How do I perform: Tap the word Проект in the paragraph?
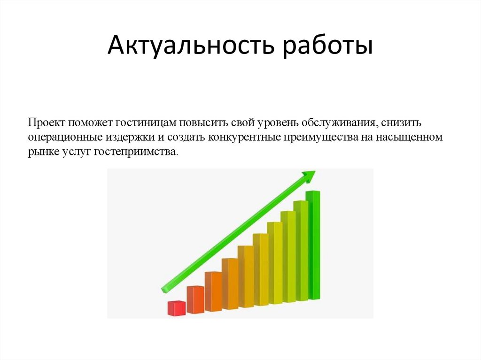coord(46,123)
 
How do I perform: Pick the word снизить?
coord(403,123)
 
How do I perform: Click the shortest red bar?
coord(177,308)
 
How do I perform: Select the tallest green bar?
coord(313,244)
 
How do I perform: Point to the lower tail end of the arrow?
coord(164,289)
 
